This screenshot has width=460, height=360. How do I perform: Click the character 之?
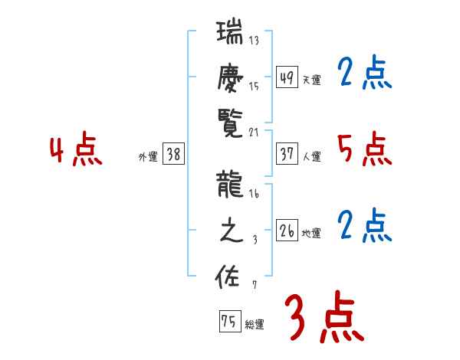coord(231,231)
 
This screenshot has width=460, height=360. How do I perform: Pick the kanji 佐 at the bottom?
coord(231,276)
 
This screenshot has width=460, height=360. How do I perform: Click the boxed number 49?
coord(287,77)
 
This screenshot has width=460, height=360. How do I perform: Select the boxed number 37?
coord(287,154)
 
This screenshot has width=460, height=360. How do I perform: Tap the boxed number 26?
coord(287,231)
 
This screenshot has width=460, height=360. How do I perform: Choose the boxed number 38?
coord(173,155)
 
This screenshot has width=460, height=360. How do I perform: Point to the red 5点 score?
coord(364,150)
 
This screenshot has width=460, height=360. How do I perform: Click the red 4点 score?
coord(76,151)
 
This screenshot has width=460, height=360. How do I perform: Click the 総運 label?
coord(255,325)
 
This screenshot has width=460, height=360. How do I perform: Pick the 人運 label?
coord(312,157)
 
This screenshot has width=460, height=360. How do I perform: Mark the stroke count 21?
coord(254,133)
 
